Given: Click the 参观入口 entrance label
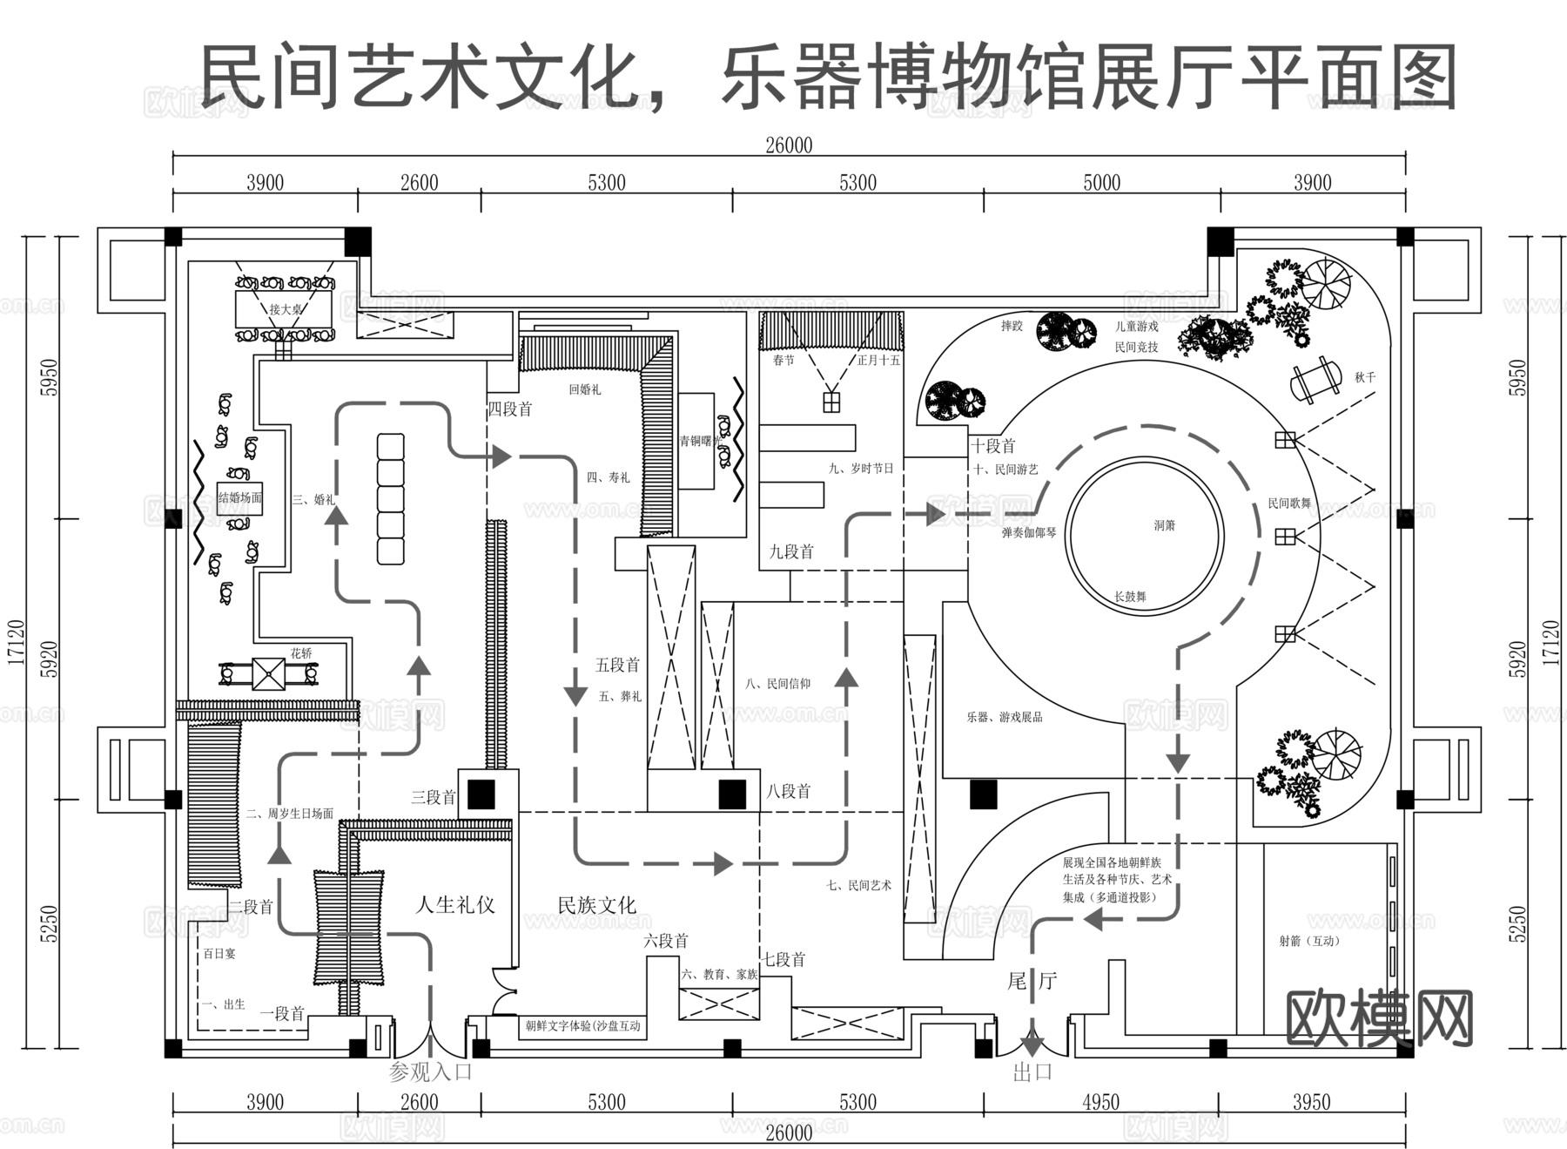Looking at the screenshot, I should tap(430, 1071).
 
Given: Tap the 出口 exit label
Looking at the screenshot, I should tap(1032, 1072).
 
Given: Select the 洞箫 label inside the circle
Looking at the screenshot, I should tap(1165, 525).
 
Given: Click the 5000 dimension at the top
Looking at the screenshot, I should tap(1101, 183).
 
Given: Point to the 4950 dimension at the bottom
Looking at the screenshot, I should tap(1100, 1103).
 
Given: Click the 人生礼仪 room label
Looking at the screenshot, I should tap(455, 905).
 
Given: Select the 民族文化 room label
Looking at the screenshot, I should tap(597, 905).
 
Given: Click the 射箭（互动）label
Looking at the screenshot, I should tap(1308, 941).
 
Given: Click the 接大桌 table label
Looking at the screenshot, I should tap(285, 309).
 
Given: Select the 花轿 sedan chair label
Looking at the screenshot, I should tap(301, 652).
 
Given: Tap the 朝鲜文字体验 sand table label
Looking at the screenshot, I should tap(583, 1026).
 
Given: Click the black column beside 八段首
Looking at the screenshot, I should tap(732, 794).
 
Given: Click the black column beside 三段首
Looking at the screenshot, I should tap(481, 794).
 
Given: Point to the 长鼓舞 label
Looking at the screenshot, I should tap(1130, 597).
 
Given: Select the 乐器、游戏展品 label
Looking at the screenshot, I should tap(1004, 717).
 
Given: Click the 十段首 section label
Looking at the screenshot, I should tap(993, 446).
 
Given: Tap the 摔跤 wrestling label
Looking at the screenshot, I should tap(1012, 326).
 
